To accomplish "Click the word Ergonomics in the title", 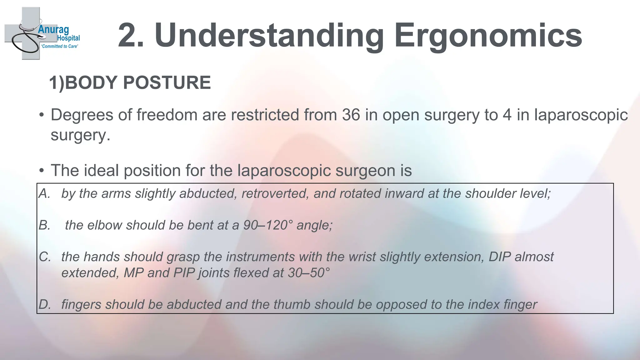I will (488, 36).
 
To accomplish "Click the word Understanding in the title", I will (269, 36).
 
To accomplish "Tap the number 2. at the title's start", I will (131, 36).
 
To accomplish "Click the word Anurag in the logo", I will (53, 30).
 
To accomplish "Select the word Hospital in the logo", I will (68, 38).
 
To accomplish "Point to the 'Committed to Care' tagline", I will (60, 46).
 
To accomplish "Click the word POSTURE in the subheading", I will (167, 83).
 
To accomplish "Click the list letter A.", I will (45, 193).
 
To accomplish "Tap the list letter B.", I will (45, 225).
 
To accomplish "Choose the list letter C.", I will (45, 257).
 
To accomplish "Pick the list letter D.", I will (45, 304).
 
